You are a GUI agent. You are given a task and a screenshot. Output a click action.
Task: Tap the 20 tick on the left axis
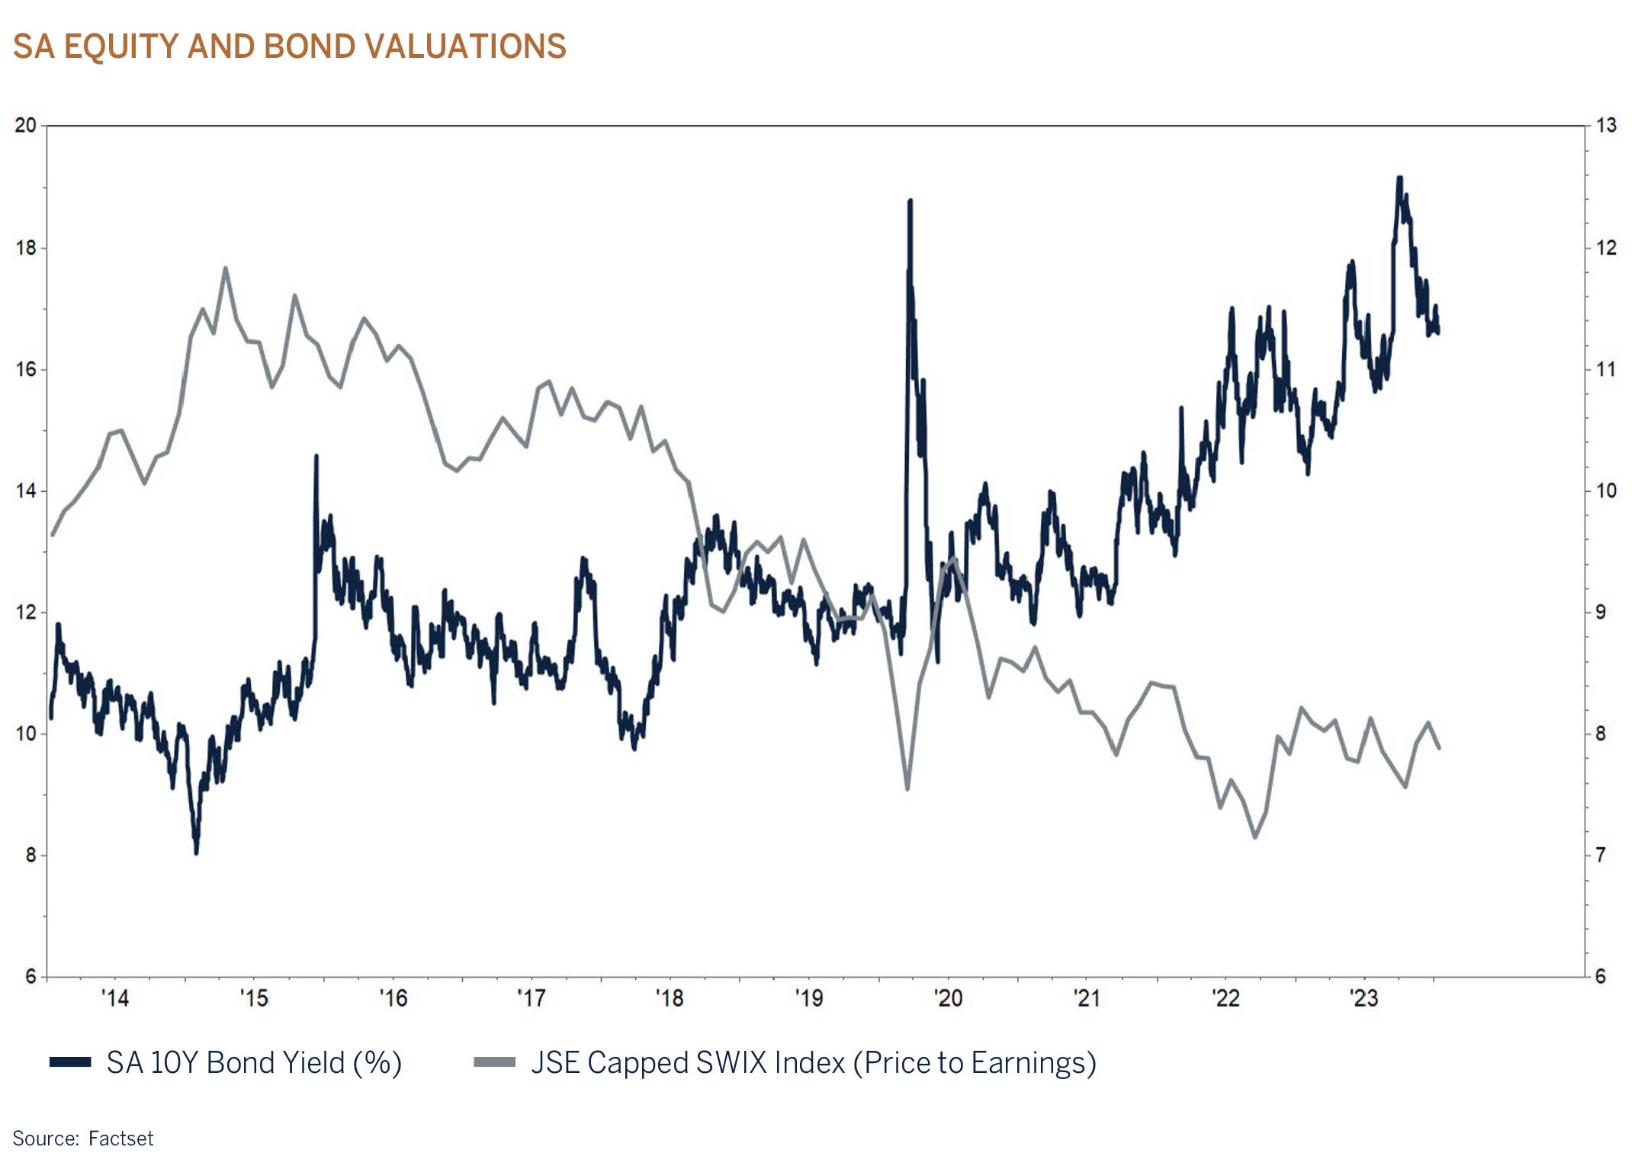tap(25, 125)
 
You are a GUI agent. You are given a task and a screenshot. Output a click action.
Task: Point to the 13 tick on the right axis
tap(1606, 125)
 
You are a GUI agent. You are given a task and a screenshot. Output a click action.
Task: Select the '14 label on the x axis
tap(115, 997)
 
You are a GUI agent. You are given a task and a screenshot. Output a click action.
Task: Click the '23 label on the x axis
tap(1363, 997)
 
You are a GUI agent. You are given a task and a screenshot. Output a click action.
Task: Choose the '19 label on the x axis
tap(808, 997)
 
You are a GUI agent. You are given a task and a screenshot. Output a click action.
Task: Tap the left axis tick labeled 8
tap(31, 855)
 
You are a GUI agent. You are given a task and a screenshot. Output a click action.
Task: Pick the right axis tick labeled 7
tap(1601, 855)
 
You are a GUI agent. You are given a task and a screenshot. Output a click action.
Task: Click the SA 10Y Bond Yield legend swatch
tap(70, 1062)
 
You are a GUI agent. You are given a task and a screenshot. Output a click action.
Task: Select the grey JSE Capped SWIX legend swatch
tap(494, 1062)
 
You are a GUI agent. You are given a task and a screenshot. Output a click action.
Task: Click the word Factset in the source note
tap(120, 1138)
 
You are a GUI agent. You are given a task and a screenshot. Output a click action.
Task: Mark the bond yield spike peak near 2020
tap(910, 201)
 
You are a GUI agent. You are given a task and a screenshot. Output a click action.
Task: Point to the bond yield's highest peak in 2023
tap(1399, 178)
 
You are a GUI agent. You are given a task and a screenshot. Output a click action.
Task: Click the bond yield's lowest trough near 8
tap(196, 853)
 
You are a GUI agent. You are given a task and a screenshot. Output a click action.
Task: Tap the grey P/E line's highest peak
tap(225, 268)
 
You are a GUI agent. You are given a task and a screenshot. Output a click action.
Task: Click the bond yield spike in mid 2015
tap(316, 456)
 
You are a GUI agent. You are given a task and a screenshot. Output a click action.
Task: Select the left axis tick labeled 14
tap(25, 490)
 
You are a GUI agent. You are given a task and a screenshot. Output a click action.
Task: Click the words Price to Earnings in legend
tap(974, 1062)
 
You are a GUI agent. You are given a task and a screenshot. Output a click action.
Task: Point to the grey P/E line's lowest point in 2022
tap(1255, 837)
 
